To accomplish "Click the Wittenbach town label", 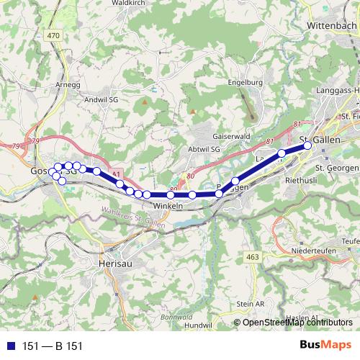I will click(332, 24).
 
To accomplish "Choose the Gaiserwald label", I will click(231, 135).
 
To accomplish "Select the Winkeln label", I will click(168, 206).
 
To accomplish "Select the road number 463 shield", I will click(252, 256).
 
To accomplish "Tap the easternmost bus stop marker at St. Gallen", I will click(307, 145).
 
